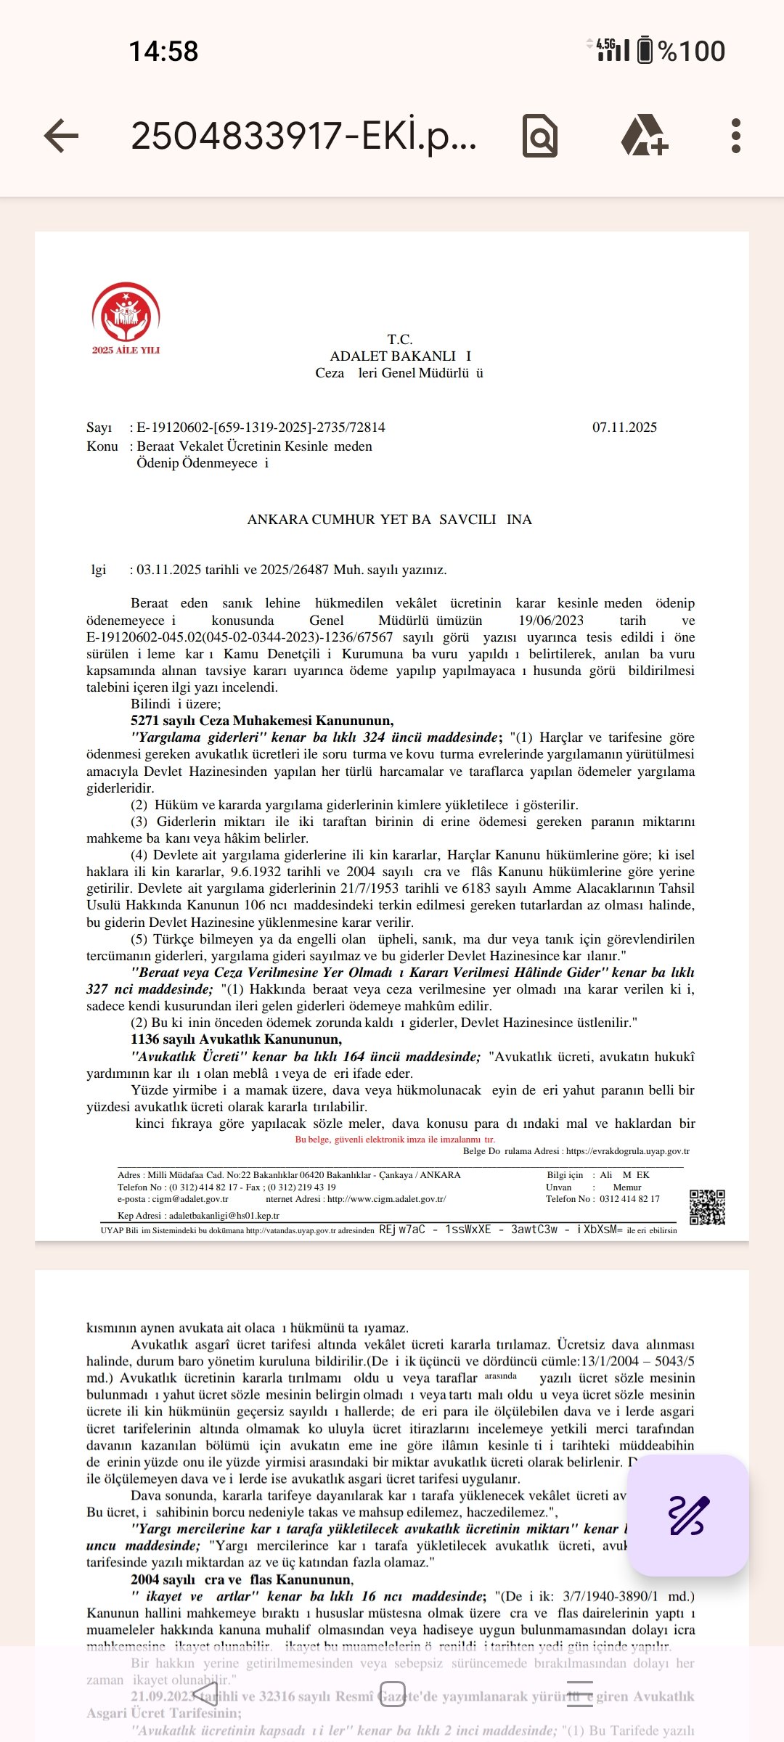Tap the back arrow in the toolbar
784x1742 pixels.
coord(61,136)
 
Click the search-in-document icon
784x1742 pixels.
coord(540,136)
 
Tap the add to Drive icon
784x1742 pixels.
coord(644,136)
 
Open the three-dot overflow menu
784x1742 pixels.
coord(736,136)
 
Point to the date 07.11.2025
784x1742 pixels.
coord(624,428)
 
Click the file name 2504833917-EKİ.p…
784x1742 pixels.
coord(303,136)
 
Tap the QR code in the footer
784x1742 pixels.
coord(707,1207)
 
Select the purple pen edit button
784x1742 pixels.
coord(687,1515)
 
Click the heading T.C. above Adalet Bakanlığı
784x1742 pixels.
coord(400,340)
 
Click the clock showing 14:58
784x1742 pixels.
coord(163,52)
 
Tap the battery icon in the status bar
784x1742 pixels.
coord(645,51)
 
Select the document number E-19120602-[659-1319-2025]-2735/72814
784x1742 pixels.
coord(261,428)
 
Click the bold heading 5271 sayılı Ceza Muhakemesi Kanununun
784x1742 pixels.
coord(262,721)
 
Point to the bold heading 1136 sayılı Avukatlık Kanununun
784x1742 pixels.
coord(236,1039)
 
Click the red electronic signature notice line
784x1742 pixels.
coord(395,1139)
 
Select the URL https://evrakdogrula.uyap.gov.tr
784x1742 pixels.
coord(627,1150)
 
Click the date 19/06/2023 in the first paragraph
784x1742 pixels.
coord(551,621)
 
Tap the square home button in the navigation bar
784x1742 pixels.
coord(393,1694)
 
